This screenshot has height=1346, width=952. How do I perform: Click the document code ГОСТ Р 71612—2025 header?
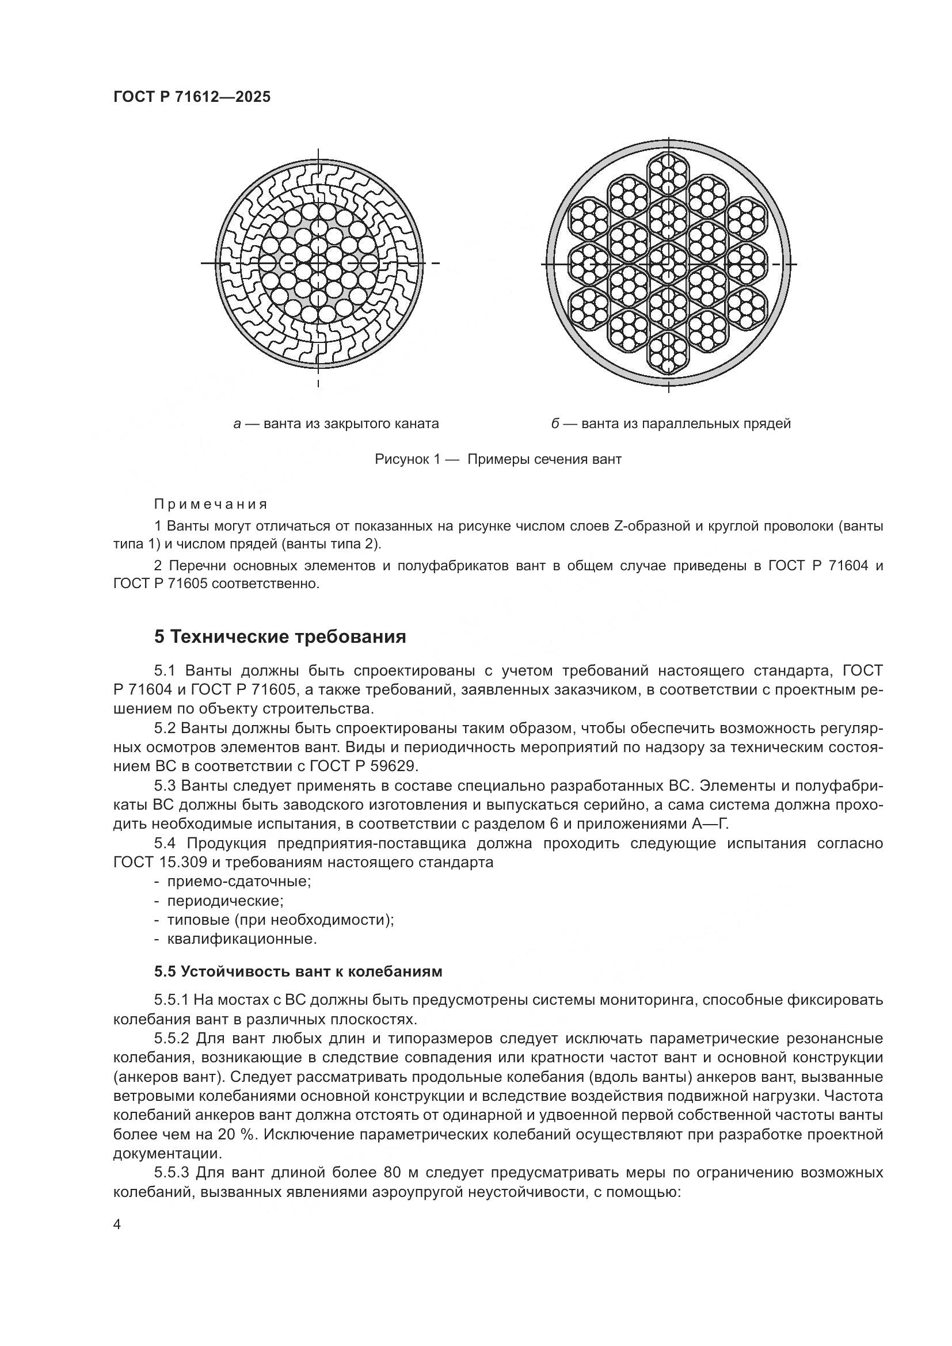tap(192, 97)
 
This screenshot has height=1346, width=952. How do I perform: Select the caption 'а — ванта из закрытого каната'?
tap(336, 424)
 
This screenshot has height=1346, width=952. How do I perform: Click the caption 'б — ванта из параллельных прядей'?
tap(671, 424)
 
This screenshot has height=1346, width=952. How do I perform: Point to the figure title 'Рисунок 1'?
tap(407, 459)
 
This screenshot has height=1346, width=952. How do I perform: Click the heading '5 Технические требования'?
tap(280, 636)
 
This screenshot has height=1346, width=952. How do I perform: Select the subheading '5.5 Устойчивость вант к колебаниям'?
tap(298, 971)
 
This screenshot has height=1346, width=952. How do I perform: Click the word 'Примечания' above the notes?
tap(211, 504)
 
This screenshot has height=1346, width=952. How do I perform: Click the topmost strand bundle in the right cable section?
tap(668, 174)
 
